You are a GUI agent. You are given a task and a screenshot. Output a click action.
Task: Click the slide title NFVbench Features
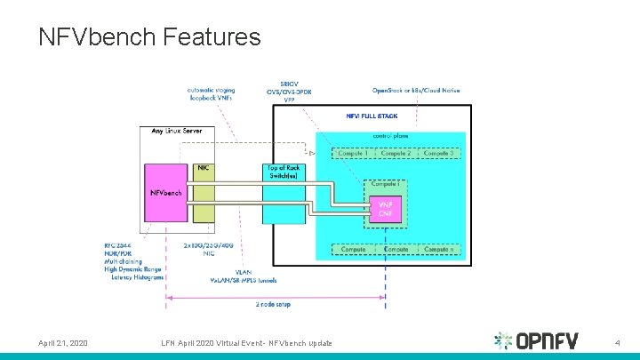149,36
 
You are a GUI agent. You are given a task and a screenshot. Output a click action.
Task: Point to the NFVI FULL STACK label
372,116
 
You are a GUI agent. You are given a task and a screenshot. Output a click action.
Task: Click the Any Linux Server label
176,131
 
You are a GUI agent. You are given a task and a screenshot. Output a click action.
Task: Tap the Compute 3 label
440,153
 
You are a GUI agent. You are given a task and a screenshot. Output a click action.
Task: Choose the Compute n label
440,250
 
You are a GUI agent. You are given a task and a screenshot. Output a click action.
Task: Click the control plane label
391,136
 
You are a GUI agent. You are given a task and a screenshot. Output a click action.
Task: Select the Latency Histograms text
138,277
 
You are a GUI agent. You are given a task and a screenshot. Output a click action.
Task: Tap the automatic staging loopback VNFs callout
211,92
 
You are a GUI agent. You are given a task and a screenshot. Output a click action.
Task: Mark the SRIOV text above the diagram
290,83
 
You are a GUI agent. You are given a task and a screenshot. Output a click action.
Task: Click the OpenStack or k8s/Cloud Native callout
416,91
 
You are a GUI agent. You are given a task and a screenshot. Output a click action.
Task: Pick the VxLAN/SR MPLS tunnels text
243,280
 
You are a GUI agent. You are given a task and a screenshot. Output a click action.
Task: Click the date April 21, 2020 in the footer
63,343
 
